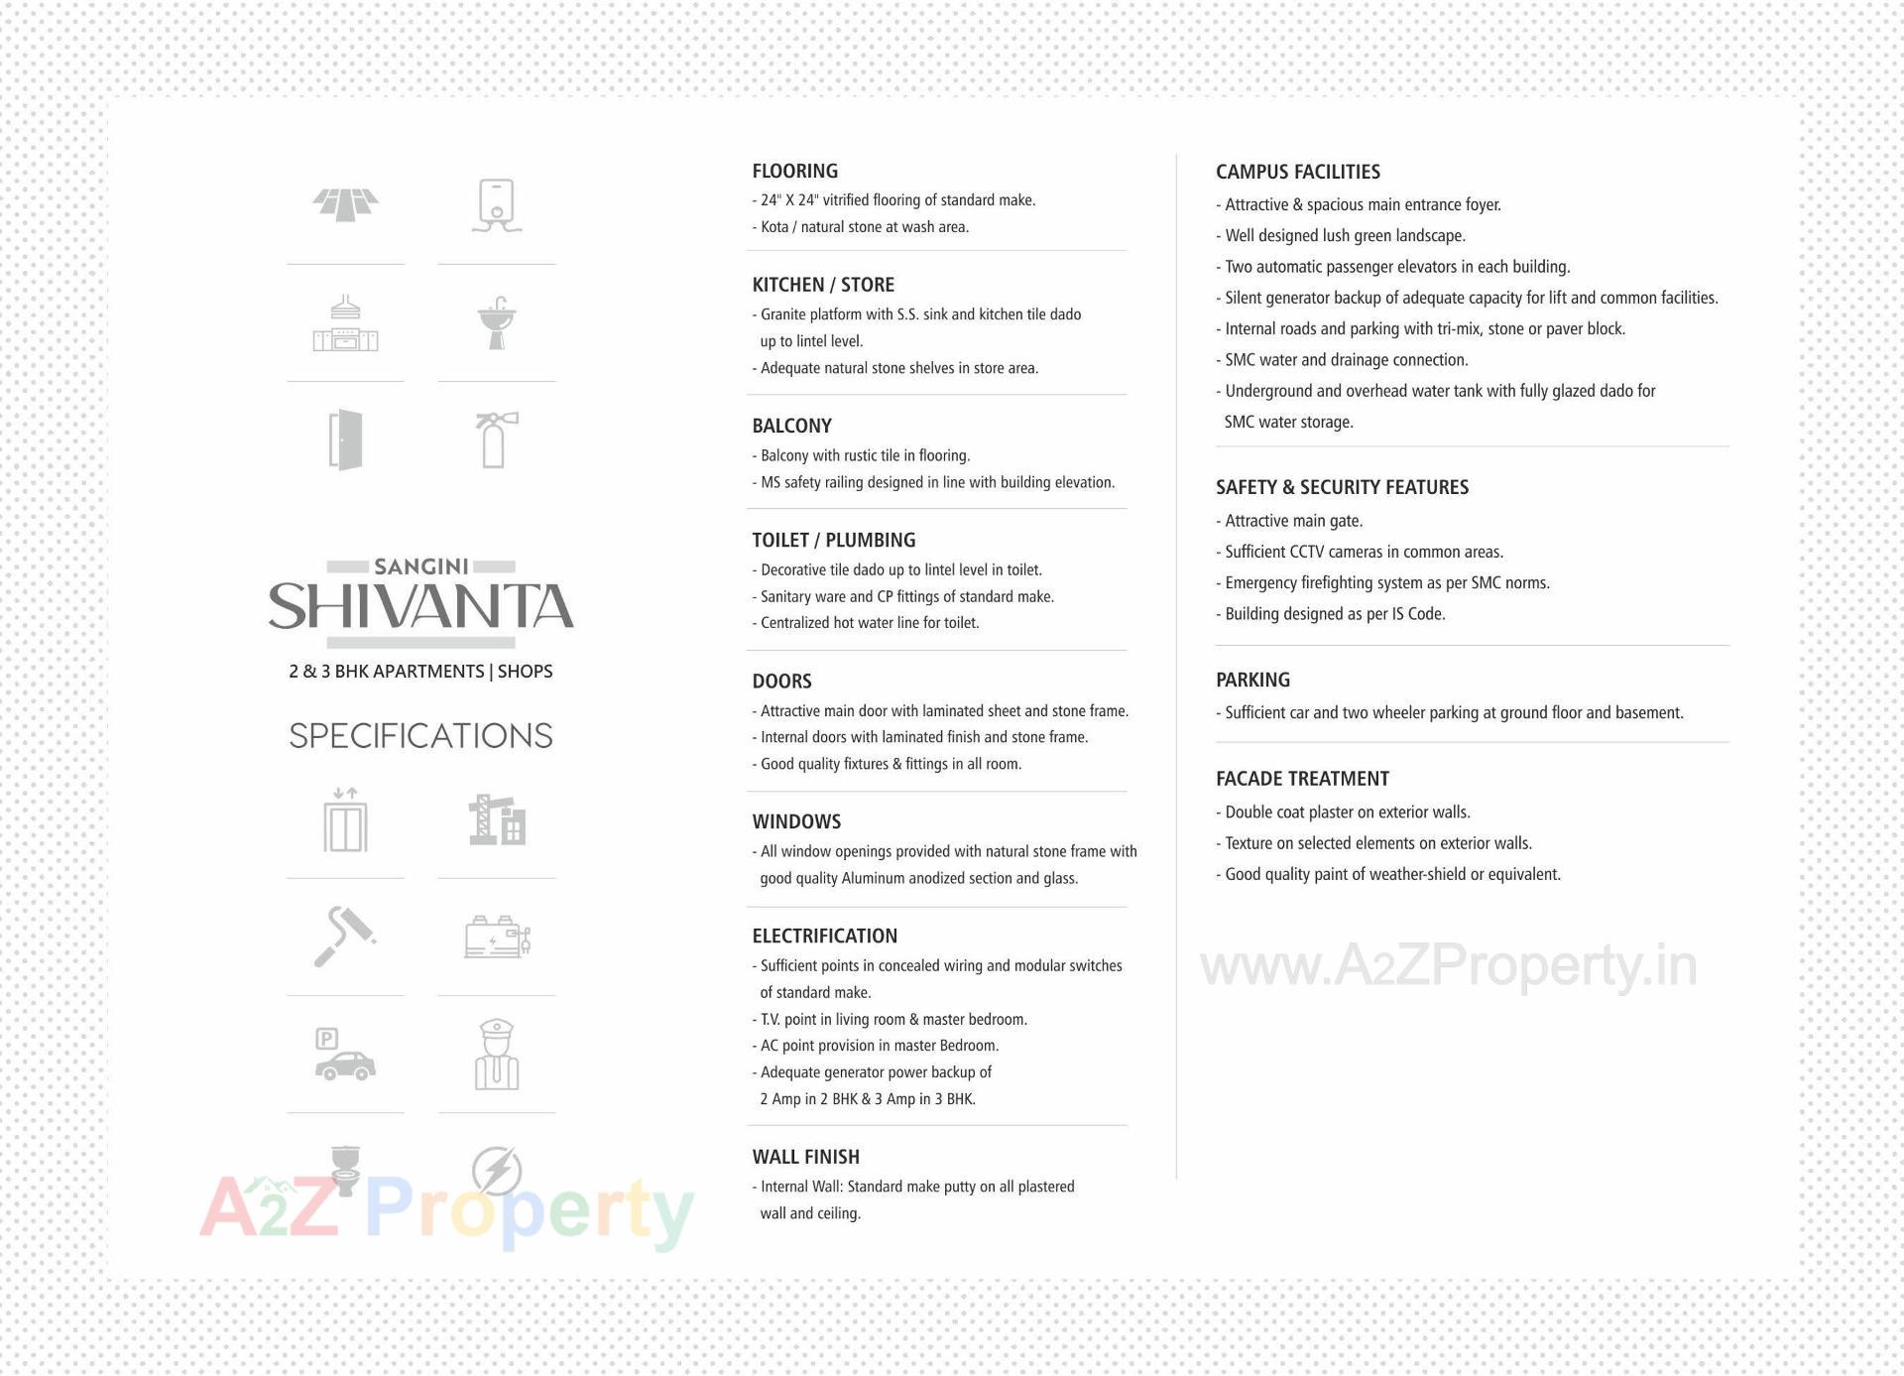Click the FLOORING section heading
tap(794, 171)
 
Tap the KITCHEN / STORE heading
tap(823, 285)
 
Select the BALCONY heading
tap(791, 426)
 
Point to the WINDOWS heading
tap(796, 821)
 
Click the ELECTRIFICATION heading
tap(824, 936)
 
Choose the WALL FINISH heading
tap(805, 1157)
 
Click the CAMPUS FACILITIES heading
tap(1297, 172)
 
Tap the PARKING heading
tap(1252, 680)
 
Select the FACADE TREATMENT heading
tap(1302, 779)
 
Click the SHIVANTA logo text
tap(420, 606)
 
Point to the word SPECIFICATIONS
tap(420, 735)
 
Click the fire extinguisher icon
tap(495, 439)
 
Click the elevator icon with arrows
tap(345, 820)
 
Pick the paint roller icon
tap(343, 937)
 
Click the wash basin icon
tap(496, 322)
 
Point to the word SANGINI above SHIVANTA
tap(420, 566)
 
